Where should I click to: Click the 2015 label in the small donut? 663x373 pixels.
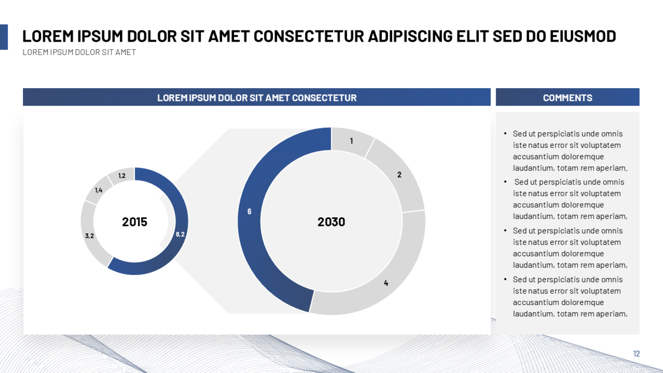click(x=135, y=222)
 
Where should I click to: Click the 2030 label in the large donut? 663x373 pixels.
click(x=331, y=222)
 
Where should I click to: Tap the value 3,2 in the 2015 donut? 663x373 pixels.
click(x=89, y=236)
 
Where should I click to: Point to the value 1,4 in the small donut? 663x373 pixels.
click(x=99, y=190)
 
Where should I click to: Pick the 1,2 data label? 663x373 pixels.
click(x=122, y=176)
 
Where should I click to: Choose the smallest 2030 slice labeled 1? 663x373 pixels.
click(x=351, y=141)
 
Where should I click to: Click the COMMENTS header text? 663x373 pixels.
click(x=567, y=98)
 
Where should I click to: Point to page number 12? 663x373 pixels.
click(x=636, y=354)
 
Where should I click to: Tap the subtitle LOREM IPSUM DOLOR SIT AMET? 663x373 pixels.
click(x=79, y=52)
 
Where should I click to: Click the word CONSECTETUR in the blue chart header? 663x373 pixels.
click(x=324, y=98)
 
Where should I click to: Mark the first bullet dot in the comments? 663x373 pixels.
click(x=505, y=133)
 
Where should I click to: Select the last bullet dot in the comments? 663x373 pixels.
click(x=505, y=279)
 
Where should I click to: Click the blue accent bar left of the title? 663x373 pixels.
click(x=4, y=37)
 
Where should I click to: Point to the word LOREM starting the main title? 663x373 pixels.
click(x=48, y=36)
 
